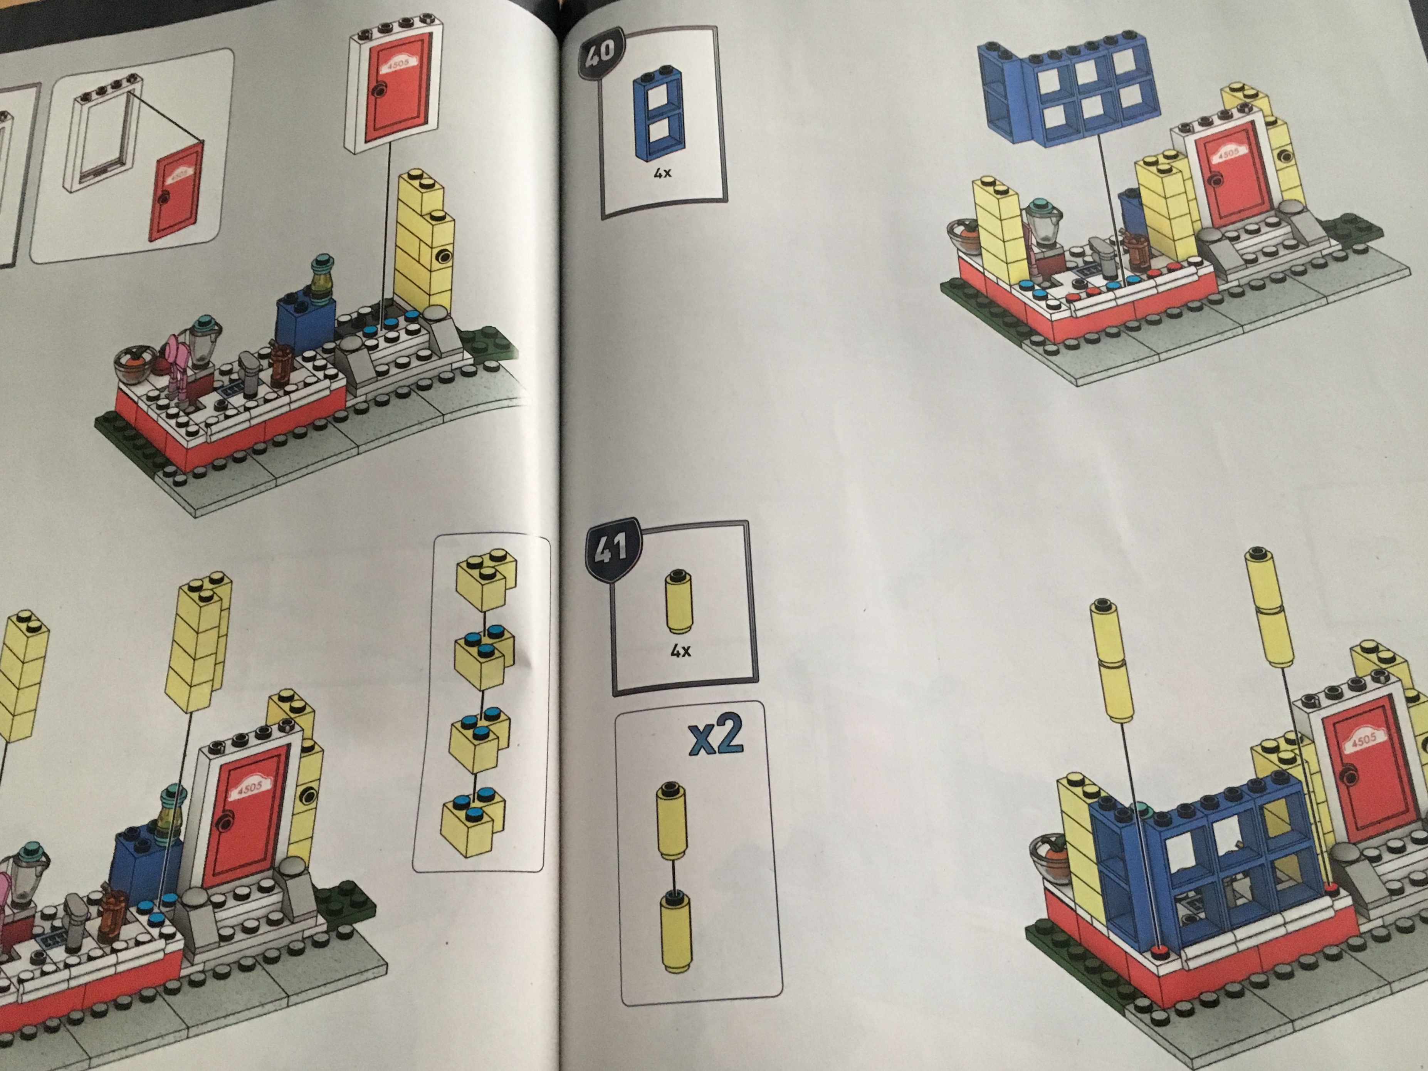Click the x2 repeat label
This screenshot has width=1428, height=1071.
point(715,738)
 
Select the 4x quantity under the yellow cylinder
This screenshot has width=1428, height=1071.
point(680,651)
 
